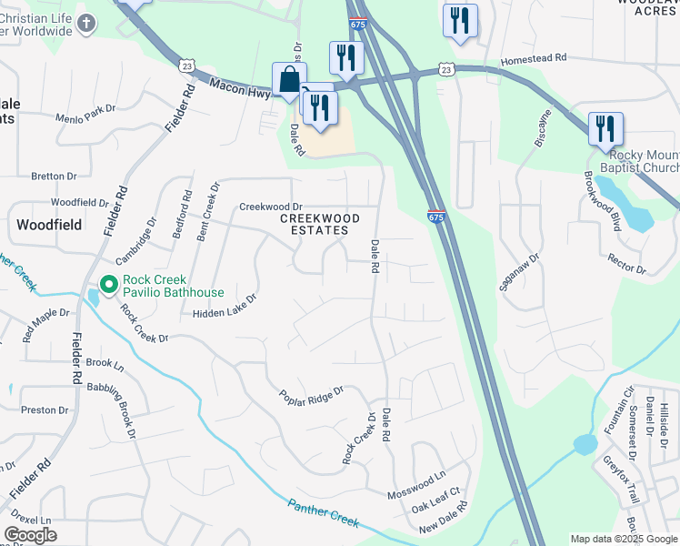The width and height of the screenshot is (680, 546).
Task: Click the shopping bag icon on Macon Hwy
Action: [x=289, y=80]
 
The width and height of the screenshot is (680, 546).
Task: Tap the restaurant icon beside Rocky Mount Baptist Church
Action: [x=605, y=129]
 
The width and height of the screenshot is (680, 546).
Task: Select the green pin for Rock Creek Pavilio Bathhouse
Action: [x=109, y=286]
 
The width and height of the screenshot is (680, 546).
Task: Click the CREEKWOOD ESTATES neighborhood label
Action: [x=319, y=225]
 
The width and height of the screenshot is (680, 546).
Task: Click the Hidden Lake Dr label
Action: [x=225, y=305]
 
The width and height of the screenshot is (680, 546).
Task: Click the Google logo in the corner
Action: [x=30, y=535]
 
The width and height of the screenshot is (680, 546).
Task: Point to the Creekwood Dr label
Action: [x=270, y=207]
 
